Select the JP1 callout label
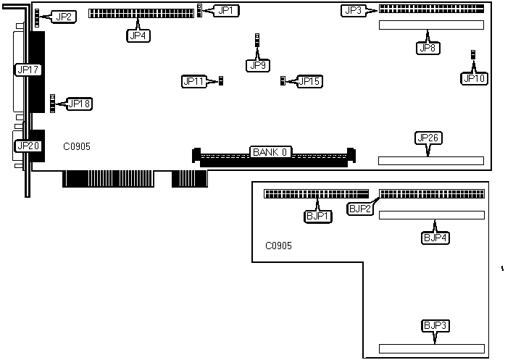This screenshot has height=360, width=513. [x=228, y=10]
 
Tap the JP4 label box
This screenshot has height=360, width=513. [x=138, y=35]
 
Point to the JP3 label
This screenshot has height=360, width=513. [x=353, y=10]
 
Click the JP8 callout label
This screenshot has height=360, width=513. [x=427, y=48]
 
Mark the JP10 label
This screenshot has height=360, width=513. [x=474, y=78]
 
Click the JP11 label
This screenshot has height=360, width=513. [x=193, y=81]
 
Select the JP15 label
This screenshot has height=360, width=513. [x=310, y=81]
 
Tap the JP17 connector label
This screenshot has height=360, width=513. [x=28, y=70]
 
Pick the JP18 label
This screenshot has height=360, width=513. [x=79, y=104]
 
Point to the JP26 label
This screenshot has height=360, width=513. [x=427, y=138]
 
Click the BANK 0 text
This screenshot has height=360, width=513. [x=271, y=152]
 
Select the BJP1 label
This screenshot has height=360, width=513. [x=317, y=215]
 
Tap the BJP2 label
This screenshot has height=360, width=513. [x=360, y=209]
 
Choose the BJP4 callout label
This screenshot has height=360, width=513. [x=433, y=237]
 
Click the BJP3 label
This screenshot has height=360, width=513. [x=433, y=325]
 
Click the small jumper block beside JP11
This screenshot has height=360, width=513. [x=221, y=81]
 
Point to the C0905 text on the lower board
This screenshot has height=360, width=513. [x=279, y=246]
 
